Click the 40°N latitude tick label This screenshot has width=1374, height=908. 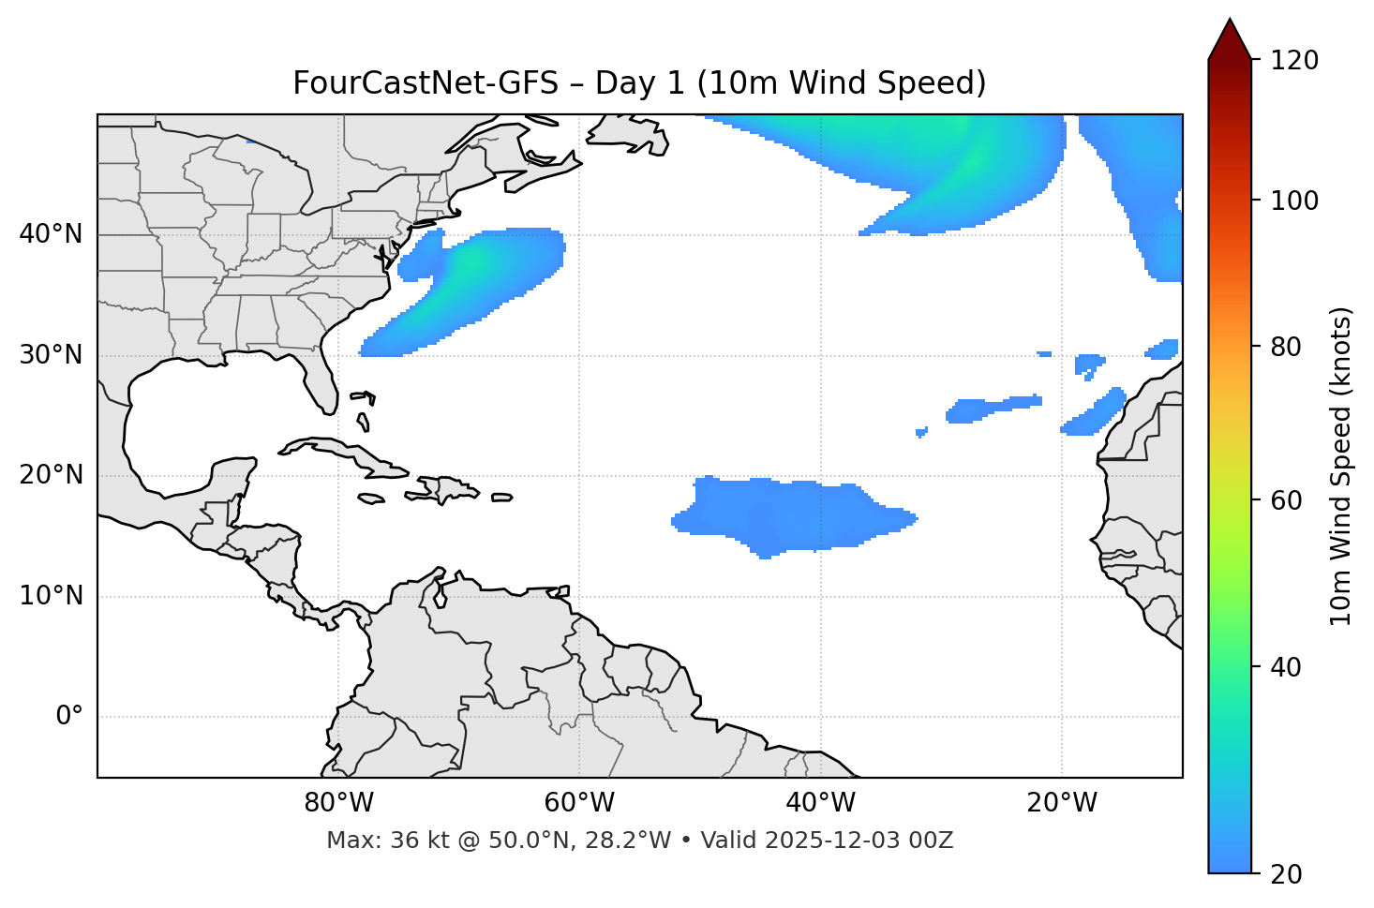click(51, 234)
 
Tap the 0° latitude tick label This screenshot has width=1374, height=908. click(69, 717)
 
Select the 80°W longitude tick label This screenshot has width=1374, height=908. click(338, 803)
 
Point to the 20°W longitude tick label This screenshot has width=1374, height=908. click(1062, 803)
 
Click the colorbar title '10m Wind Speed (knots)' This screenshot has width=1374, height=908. click(1341, 466)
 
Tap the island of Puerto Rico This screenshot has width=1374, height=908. click(502, 498)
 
